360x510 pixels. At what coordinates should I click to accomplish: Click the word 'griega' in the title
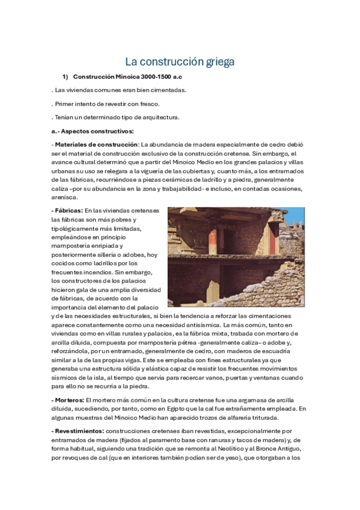[x=217, y=62]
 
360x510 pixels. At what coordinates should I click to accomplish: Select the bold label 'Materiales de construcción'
[x=96, y=144]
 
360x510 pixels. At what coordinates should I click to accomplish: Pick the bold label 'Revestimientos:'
[x=78, y=431]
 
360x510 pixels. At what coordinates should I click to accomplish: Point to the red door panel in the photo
[x=273, y=237]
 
